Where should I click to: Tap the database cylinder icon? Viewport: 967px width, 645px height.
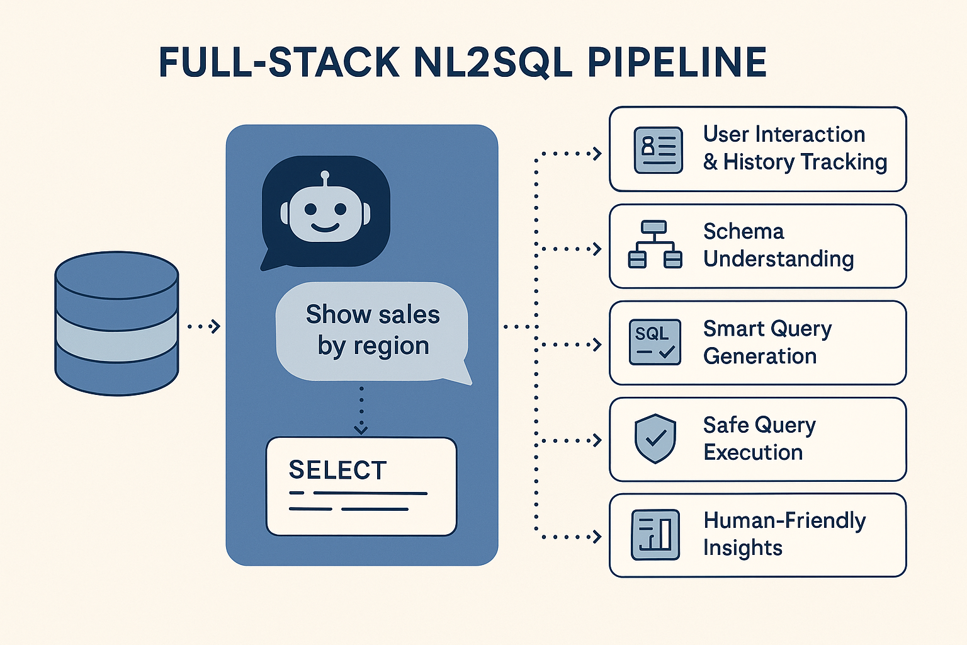point(116,323)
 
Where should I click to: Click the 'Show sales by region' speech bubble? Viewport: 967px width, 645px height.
point(373,331)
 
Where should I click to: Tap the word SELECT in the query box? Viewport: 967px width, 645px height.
point(337,470)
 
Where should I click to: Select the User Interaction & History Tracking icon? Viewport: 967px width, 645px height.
point(658,150)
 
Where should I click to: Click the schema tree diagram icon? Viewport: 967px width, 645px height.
point(655,244)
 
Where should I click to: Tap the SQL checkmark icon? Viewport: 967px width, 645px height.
point(655,342)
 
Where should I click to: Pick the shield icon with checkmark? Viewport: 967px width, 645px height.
point(655,438)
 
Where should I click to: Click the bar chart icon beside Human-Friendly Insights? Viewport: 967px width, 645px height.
point(655,535)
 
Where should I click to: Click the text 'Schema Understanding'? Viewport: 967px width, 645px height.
point(778,245)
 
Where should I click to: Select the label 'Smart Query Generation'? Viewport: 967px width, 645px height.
point(767,342)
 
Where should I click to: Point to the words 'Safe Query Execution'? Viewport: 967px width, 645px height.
point(759,438)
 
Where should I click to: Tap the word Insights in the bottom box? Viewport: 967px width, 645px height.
point(742,548)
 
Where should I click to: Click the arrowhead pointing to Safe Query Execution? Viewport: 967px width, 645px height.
point(597,440)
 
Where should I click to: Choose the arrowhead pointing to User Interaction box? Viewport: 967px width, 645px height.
point(597,153)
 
